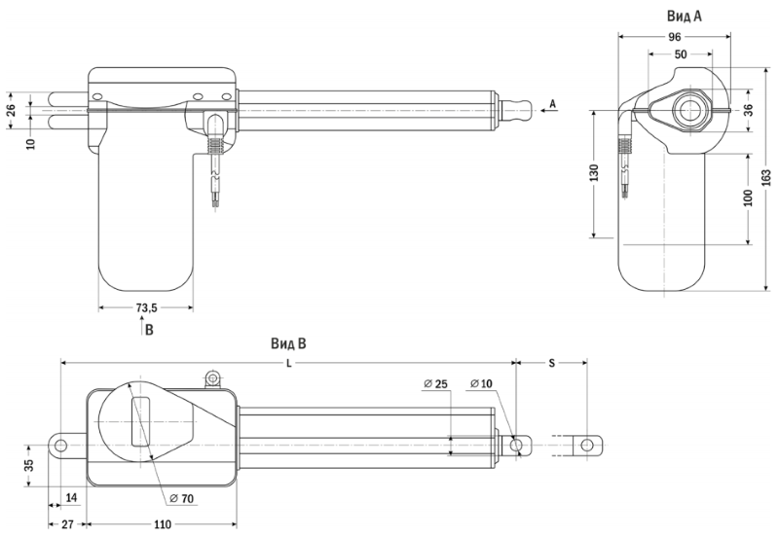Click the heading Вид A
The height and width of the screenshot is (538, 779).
[x=685, y=16]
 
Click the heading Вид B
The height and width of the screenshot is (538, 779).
[x=288, y=343]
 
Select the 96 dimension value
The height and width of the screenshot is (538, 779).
[x=674, y=37]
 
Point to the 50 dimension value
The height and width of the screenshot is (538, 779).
[x=681, y=54]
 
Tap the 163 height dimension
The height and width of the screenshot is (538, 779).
[x=766, y=178]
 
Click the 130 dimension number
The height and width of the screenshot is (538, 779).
[x=594, y=173]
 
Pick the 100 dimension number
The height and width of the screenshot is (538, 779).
[x=748, y=197]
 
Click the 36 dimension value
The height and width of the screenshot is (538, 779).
[x=748, y=110]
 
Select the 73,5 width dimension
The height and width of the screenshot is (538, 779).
[x=147, y=307]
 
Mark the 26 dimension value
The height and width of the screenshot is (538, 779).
[x=12, y=110]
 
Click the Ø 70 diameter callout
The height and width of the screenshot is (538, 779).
[x=181, y=498]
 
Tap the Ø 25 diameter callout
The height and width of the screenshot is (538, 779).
[x=435, y=383]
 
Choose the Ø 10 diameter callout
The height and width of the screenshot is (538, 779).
[x=480, y=383]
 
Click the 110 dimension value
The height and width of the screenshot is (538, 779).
[x=163, y=524]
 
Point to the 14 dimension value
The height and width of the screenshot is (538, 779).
[x=71, y=497]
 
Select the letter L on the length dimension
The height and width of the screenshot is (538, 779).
[x=288, y=363]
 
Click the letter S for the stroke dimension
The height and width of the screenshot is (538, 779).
[x=551, y=363]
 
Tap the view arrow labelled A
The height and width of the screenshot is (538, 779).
[x=548, y=110]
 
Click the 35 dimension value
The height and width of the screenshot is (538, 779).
[x=29, y=465]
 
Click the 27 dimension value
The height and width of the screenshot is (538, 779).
[x=67, y=524]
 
